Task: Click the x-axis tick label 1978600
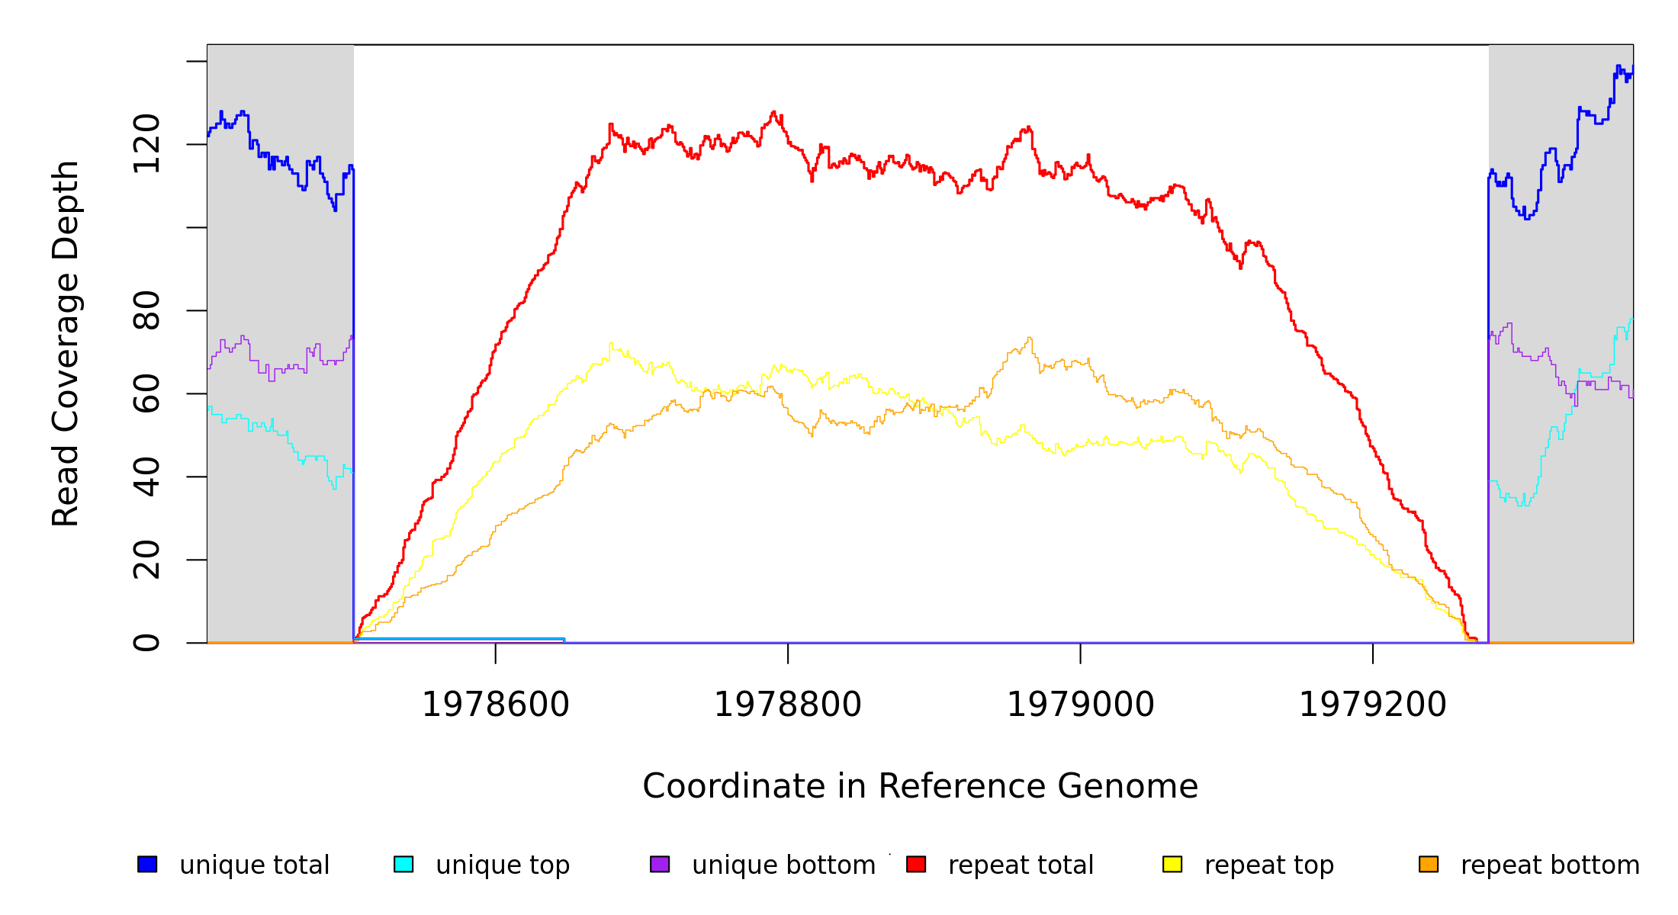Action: pos(496,705)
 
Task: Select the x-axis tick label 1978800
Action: pos(788,705)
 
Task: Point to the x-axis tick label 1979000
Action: pos(1081,705)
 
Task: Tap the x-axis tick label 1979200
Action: pos(1373,705)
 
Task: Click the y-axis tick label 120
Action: pos(146,144)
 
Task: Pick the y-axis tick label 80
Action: pos(146,310)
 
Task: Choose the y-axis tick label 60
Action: pos(146,393)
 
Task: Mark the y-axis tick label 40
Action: pos(146,477)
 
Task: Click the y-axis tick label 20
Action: pos(146,560)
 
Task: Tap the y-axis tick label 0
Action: pos(146,643)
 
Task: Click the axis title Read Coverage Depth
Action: pos(66,343)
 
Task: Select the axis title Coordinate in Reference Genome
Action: pos(920,786)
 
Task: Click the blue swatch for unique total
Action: pos(147,864)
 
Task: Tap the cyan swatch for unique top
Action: pos(403,864)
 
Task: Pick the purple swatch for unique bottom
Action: pos(660,864)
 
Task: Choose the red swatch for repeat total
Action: pos(916,864)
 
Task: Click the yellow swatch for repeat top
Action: pos(1172,864)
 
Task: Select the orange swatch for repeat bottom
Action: pos(1429,864)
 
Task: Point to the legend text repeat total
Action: pos(1021,865)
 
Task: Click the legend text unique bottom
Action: pos(783,865)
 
